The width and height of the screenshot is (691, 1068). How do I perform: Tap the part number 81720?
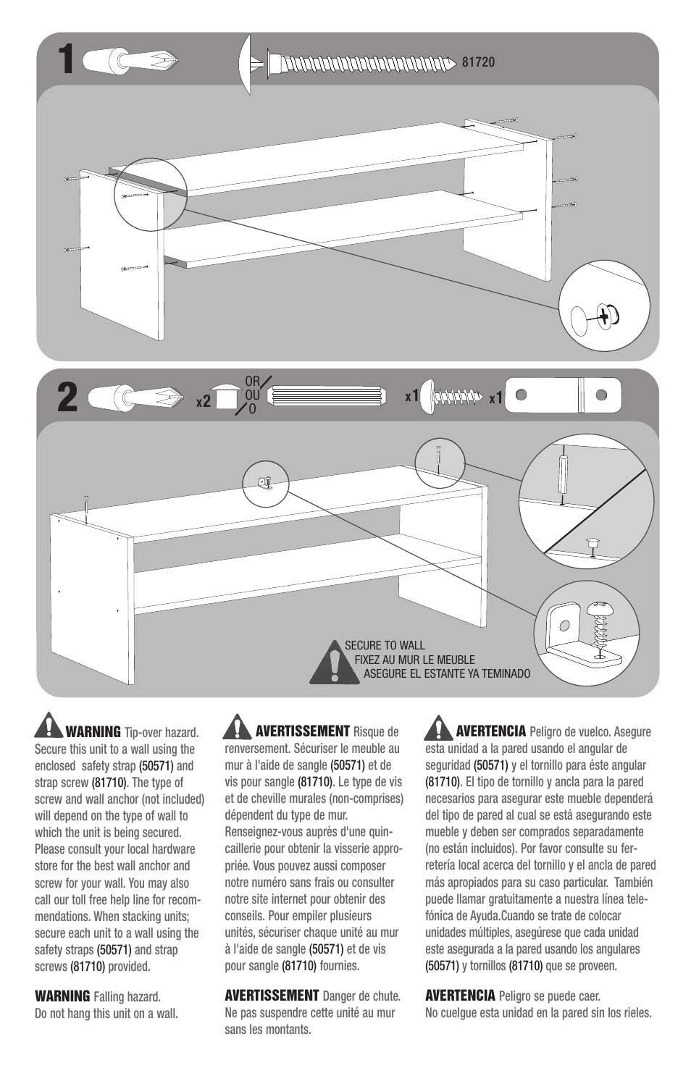coord(478,62)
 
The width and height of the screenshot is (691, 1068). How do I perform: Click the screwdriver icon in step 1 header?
coord(130,60)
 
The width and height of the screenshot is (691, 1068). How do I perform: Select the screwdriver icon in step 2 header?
coord(135,398)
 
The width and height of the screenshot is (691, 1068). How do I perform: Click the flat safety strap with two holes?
coord(562,395)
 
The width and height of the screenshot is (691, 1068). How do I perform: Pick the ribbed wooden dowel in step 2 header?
coord(325,396)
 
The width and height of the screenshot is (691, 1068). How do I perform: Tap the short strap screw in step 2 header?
coord(453,396)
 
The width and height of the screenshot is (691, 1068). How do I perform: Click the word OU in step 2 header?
coord(251,395)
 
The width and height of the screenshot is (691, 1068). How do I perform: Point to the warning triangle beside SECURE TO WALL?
coord(333,663)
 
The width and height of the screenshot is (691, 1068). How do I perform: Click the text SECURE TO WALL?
coord(384,645)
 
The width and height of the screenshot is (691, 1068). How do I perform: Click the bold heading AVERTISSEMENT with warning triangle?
coord(303,731)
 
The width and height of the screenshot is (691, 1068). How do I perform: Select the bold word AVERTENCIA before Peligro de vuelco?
coord(490,731)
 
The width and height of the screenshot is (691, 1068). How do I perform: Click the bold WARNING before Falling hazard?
coord(62,997)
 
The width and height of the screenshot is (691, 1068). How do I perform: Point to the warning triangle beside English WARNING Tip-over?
coord(49,726)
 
